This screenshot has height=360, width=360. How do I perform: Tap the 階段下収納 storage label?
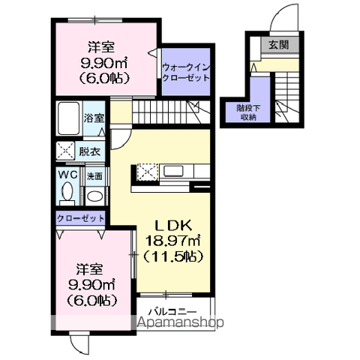point(248,112)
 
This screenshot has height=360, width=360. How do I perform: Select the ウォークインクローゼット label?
point(186,72)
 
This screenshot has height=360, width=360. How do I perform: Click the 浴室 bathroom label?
point(94,118)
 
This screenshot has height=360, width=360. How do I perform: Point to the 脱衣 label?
point(89,151)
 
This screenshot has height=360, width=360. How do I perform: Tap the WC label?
point(67,175)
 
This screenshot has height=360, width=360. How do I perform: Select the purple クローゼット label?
point(79,219)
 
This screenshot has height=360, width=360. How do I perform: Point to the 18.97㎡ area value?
point(173,240)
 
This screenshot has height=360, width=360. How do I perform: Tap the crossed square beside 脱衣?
point(65,151)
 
